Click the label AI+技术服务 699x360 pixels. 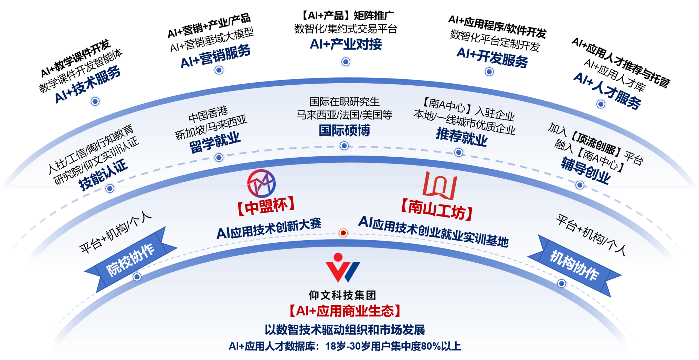[x=88, y=84]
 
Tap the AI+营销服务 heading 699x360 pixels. [x=215, y=56]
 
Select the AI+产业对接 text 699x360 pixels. [x=346, y=44]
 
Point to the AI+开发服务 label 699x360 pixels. [x=492, y=57]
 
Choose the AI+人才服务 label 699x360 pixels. [x=607, y=91]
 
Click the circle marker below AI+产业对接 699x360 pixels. [x=346, y=62]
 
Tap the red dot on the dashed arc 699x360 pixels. [x=343, y=233]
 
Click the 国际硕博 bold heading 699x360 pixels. [x=344, y=130]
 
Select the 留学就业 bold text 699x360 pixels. [x=215, y=142]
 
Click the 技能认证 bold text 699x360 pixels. [x=103, y=174]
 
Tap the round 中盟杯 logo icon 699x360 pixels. [x=262, y=183]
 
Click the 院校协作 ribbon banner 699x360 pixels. [x=130, y=260]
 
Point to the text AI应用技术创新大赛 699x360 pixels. [x=269, y=229]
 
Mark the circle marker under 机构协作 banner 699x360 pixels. [x=562, y=283]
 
